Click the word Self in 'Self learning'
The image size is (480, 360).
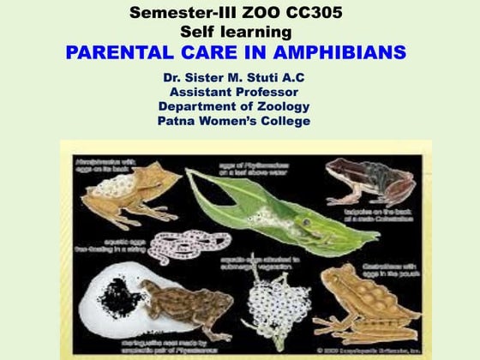click(196, 33)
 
